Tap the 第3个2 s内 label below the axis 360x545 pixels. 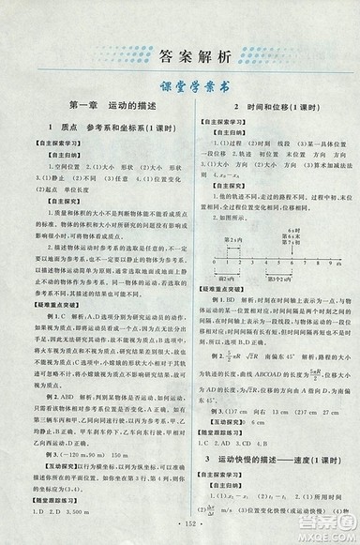[285, 279]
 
